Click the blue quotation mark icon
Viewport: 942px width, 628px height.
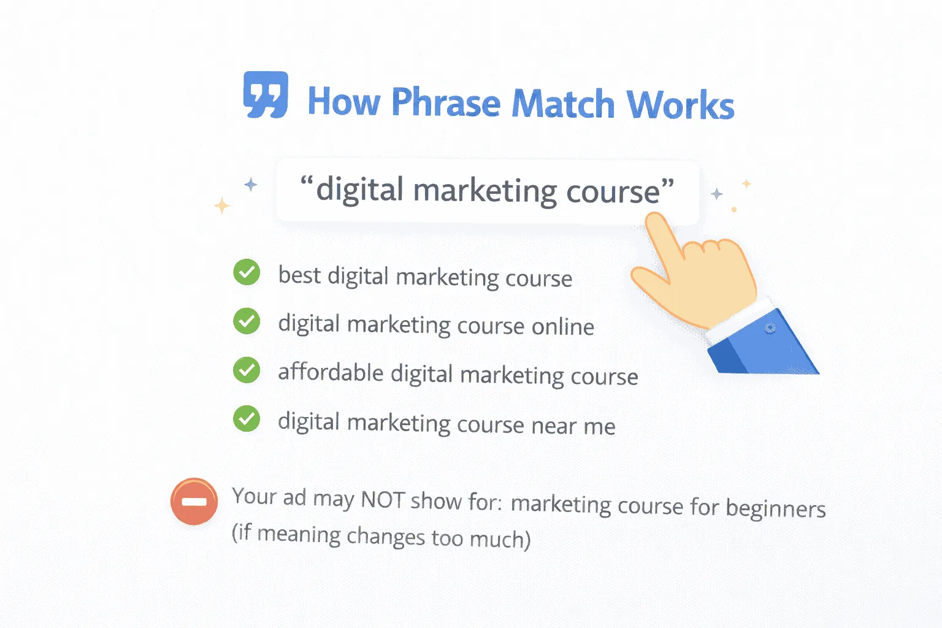coord(266,95)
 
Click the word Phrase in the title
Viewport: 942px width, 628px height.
coord(446,102)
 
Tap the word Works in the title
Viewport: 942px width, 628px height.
coord(680,105)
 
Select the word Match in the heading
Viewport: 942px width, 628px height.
coord(563,104)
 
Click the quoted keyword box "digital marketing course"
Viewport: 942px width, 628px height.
coord(487,191)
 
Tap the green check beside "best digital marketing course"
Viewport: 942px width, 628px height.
coord(247,272)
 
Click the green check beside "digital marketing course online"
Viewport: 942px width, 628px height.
coord(247,321)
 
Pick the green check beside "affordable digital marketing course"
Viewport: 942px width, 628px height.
coord(247,370)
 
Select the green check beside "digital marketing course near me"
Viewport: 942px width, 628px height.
coord(247,419)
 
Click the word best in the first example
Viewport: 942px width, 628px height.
coord(299,275)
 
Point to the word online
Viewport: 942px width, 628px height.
coord(562,327)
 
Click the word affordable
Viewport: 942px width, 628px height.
coord(331,372)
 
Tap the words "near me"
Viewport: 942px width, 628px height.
coord(573,426)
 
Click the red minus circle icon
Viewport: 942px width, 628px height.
coord(194,502)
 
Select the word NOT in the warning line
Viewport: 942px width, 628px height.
coord(382,500)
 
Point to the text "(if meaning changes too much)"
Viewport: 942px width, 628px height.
coord(381,537)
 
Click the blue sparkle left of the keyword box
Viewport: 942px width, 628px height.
coord(250,184)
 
